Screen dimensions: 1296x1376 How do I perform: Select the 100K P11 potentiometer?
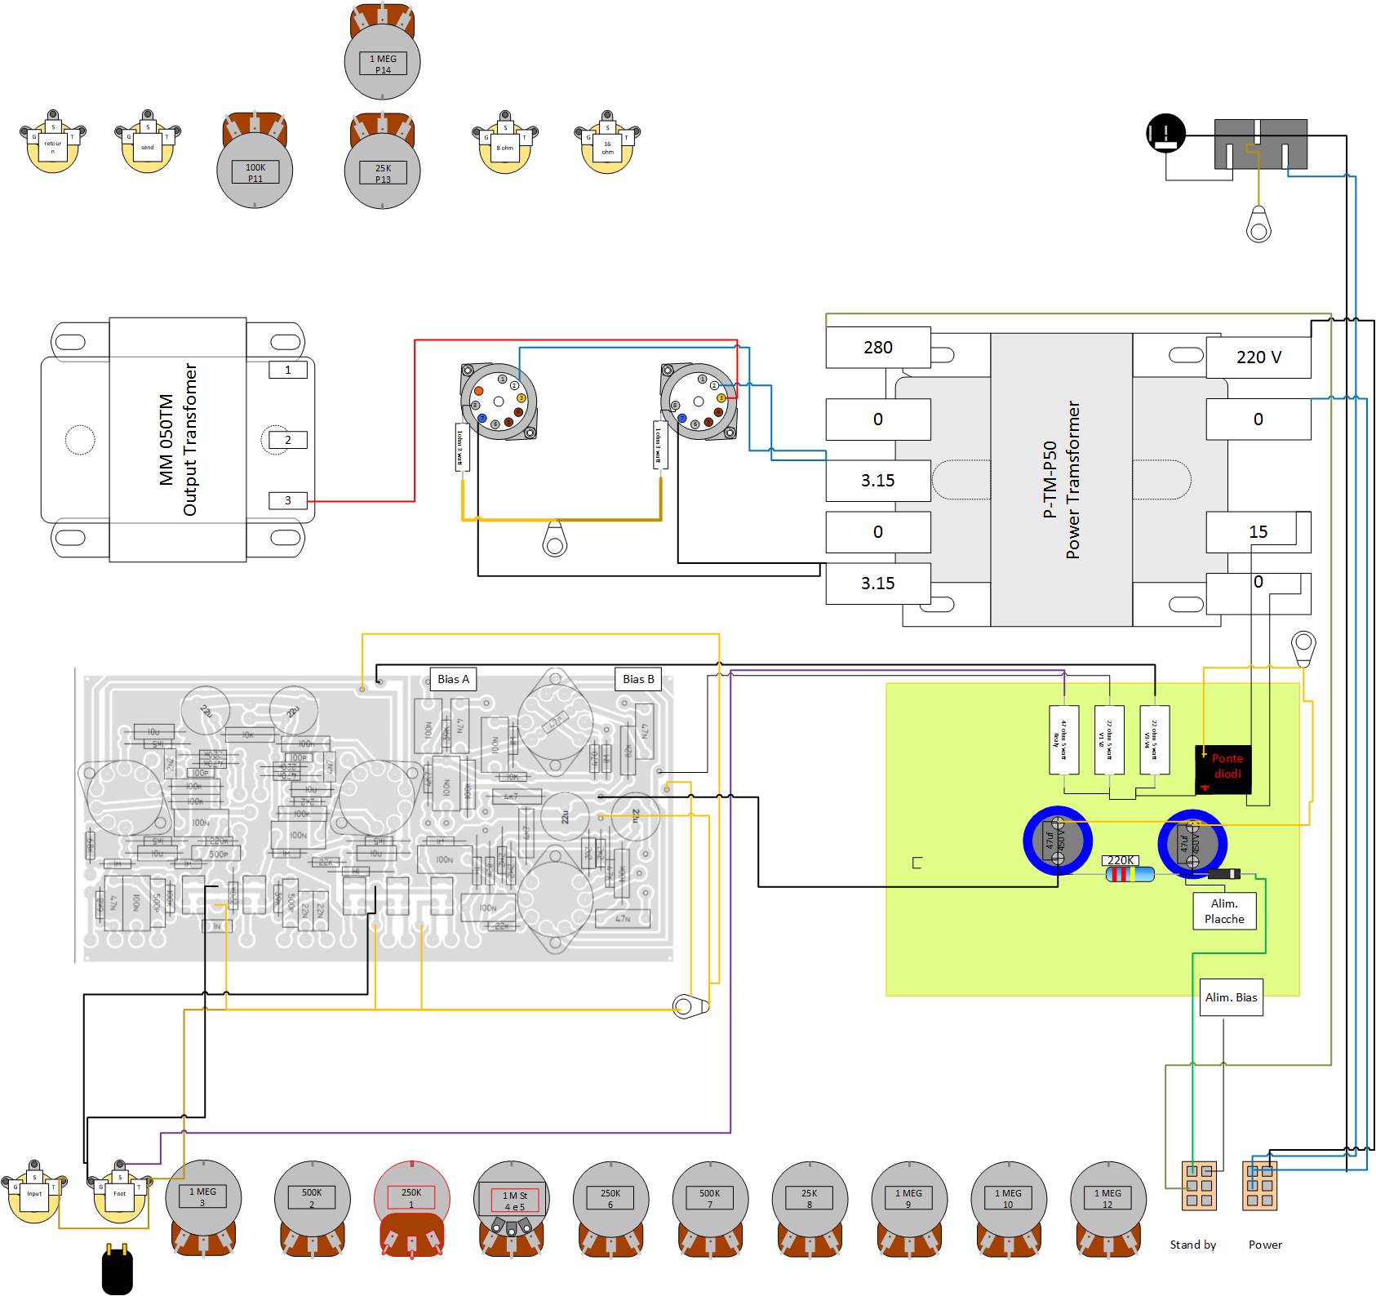click(x=255, y=171)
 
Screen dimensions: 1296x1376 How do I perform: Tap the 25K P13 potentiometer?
click(x=383, y=171)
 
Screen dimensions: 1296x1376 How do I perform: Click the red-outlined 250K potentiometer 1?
click(x=411, y=1198)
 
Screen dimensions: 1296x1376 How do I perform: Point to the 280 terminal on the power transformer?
click(x=878, y=348)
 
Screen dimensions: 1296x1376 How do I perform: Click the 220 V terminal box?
click(x=1258, y=357)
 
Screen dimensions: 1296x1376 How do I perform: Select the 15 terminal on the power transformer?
click(x=1258, y=532)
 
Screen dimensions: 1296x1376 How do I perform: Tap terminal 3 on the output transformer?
click(x=288, y=500)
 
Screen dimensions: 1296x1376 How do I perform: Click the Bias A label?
click(x=453, y=679)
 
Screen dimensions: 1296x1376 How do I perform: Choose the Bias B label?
click(x=638, y=679)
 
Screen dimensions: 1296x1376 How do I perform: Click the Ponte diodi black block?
click(x=1223, y=769)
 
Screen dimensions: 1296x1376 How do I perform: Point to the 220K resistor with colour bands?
click(x=1130, y=874)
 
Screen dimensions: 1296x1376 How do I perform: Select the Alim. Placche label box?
click(x=1224, y=911)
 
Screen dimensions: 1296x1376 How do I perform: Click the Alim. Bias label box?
click(x=1231, y=997)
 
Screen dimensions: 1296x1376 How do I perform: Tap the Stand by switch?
click(x=1199, y=1186)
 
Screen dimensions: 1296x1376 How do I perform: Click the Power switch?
click(x=1259, y=1186)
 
